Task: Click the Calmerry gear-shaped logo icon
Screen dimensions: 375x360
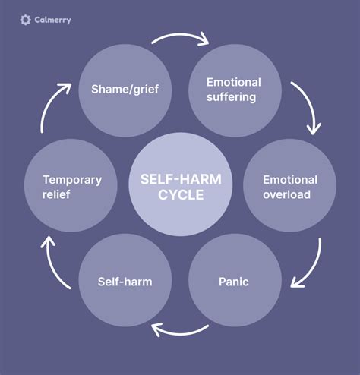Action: point(26,20)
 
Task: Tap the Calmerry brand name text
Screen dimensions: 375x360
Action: point(52,20)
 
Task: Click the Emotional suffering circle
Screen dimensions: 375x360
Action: point(234,90)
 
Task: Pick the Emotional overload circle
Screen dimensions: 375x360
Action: point(289,186)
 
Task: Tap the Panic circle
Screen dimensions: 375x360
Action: point(234,282)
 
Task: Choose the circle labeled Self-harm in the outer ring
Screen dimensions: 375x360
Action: point(125,282)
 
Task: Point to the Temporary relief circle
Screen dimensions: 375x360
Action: point(71,186)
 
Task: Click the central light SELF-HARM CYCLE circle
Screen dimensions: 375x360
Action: point(179,186)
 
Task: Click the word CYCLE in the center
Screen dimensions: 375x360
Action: point(179,194)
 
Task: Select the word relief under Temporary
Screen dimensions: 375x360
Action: point(55,194)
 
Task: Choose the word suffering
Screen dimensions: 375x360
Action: point(234,97)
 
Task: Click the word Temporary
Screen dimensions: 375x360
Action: point(71,180)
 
